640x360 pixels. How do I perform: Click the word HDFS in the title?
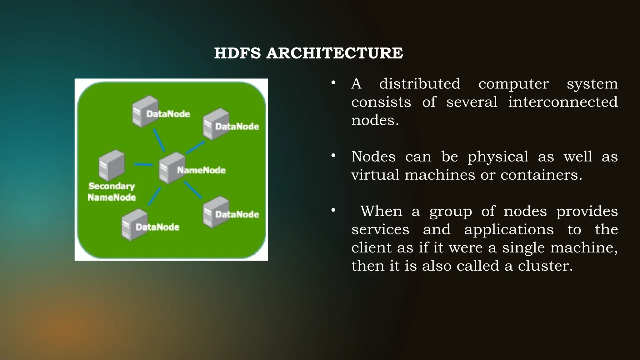point(237,53)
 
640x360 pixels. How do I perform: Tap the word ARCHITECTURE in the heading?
point(335,53)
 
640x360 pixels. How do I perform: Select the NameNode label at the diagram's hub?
point(201,170)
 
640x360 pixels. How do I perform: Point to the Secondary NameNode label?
point(112,192)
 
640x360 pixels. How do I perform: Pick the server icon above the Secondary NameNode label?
point(112,165)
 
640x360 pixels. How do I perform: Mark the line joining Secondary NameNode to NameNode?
point(143,164)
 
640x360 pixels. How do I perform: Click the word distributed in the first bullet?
point(420,84)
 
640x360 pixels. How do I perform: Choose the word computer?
point(513,84)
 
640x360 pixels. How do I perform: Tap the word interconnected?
point(563,102)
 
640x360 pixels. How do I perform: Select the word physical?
point(498,157)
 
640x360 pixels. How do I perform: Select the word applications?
point(509,230)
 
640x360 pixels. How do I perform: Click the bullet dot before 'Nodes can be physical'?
point(333,155)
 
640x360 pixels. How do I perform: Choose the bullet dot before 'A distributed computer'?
point(333,83)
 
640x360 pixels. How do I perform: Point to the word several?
point(472,102)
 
